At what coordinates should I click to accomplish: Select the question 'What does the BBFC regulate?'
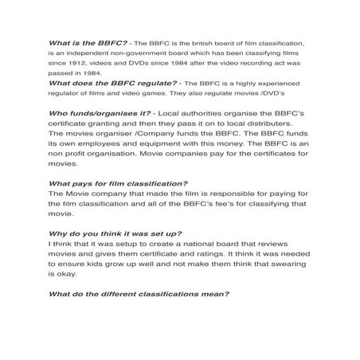pos(103,81)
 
